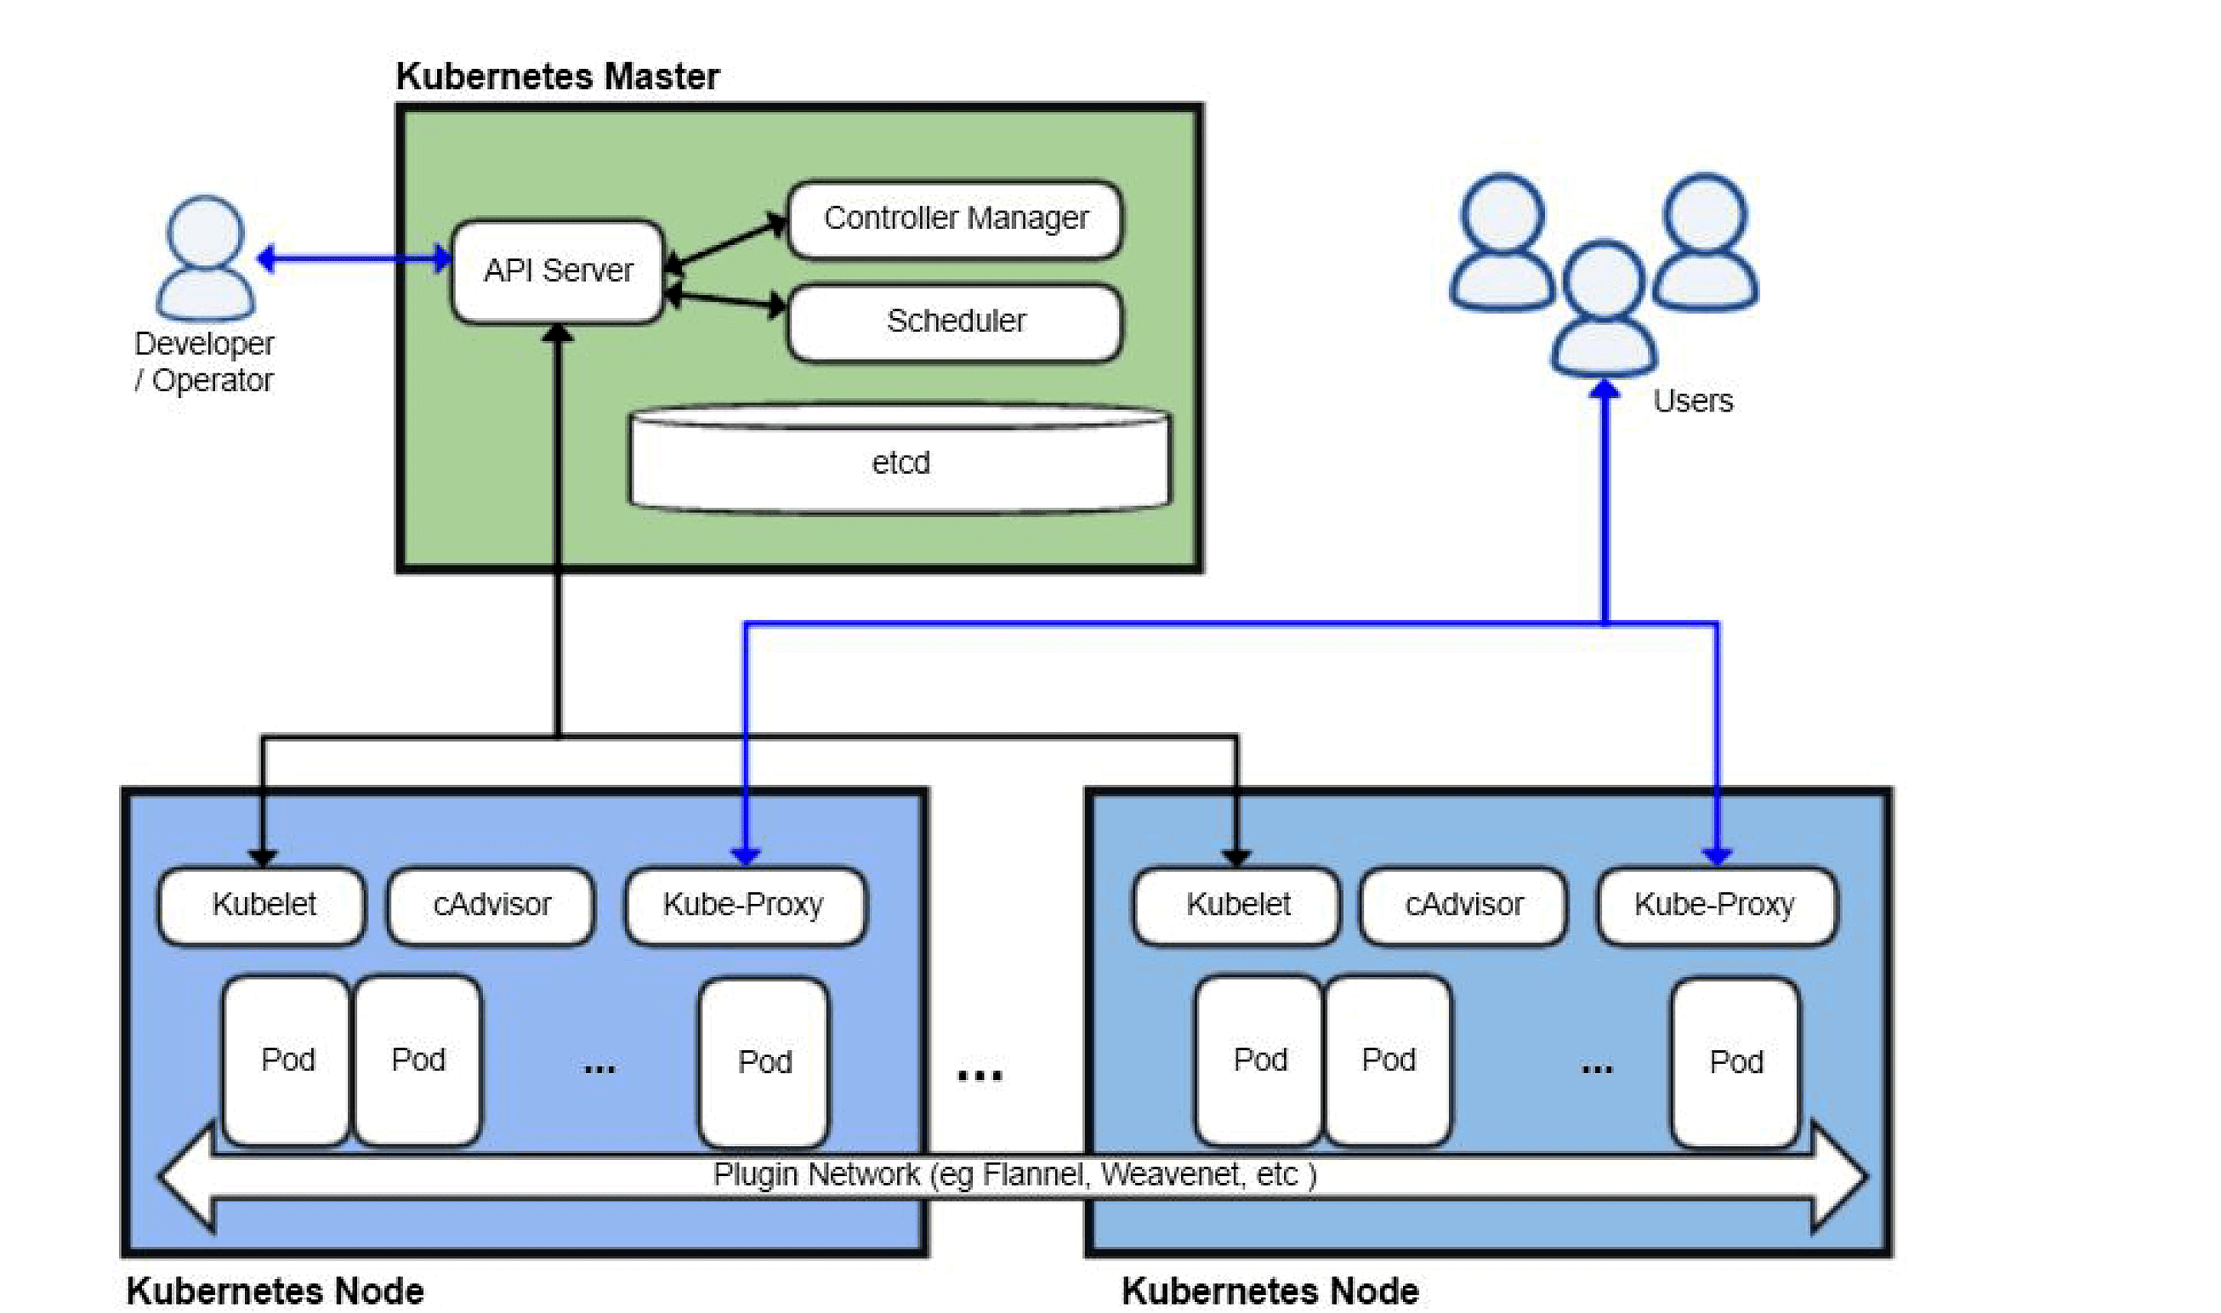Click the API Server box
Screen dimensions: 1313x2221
[x=557, y=270]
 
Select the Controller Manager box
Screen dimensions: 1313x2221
[x=954, y=219]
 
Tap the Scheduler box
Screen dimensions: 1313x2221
[x=954, y=321]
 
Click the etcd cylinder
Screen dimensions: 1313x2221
[x=900, y=463]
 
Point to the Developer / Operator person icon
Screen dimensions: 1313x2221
[x=205, y=259]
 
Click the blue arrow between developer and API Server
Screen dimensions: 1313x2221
[x=354, y=259]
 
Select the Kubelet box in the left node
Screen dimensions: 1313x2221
[x=263, y=904]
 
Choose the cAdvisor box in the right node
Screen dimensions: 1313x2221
[x=1463, y=904]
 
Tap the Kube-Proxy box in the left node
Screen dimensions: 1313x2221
[x=744, y=904]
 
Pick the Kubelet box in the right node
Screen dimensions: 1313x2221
[x=1236, y=904]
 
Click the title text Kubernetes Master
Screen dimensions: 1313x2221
[x=557, y=77]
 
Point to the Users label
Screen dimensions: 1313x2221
[x=1692, y=401]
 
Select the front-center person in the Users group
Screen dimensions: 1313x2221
[x=1604, y=310]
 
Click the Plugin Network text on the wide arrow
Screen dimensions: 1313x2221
[x=1014, y=1174]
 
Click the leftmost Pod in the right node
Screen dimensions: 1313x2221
[x=1259, y=1059]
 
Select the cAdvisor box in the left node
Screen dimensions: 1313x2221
[x=491, y=904]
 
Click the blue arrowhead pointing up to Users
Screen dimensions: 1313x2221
[x=1605, y=390]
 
